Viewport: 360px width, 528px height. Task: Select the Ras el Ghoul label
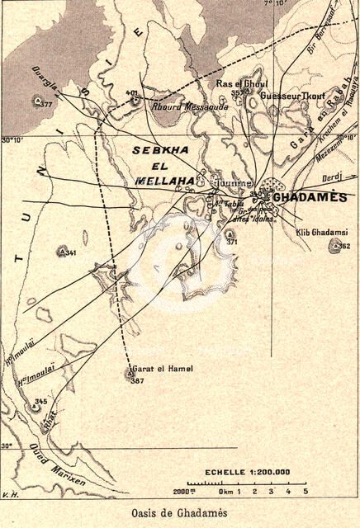[238, 83]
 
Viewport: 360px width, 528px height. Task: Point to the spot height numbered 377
[45, 105]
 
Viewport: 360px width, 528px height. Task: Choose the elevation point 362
[344, 246]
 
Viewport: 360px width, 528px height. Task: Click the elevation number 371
[232, 243]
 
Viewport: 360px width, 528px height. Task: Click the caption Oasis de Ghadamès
[179, 512]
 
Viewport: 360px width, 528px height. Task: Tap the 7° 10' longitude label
[275, 4]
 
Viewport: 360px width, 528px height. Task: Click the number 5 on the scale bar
[305, 492]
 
